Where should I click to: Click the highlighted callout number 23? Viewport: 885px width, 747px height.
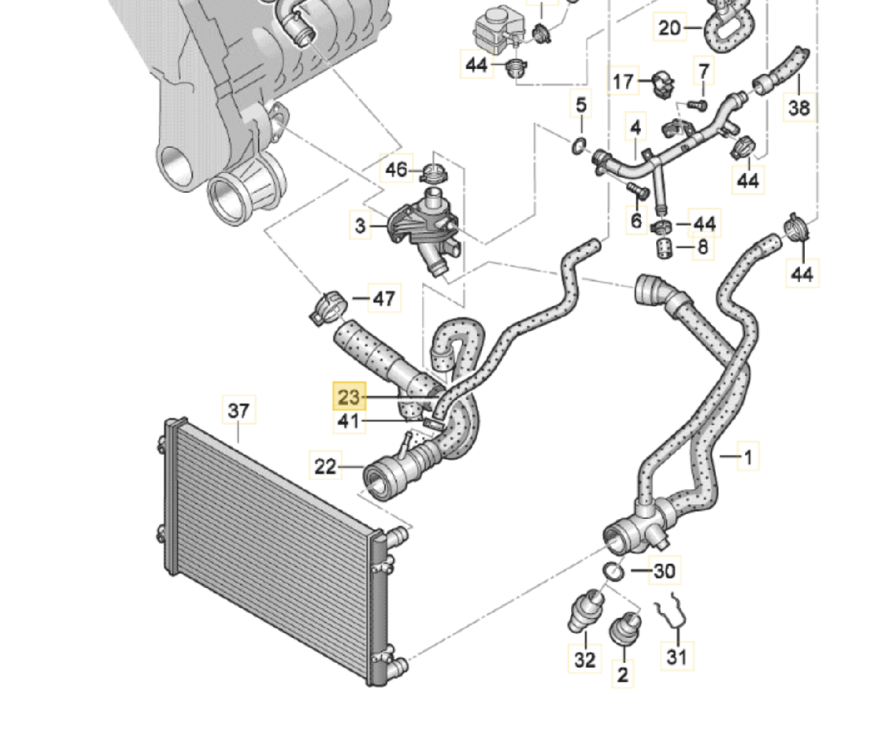[349, 397]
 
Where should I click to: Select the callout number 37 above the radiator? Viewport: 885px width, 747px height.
[239, 410]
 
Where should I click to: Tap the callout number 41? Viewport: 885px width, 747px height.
[348, 421]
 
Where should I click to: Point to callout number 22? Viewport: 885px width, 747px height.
[325, 466]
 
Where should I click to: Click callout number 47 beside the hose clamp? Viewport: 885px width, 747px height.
[384, 299]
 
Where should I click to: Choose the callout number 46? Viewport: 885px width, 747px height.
[396, 169]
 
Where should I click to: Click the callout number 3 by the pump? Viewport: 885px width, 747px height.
[360, 225]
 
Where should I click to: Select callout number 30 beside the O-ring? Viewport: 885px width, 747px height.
[664, 571]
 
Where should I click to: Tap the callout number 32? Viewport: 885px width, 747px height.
[584, 659]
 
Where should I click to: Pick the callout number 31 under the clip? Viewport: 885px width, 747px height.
[676, 656]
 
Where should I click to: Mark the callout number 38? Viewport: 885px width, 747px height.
[799, 108]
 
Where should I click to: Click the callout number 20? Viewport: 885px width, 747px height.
[669, 28]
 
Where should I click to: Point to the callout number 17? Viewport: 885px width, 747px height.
[623, 82]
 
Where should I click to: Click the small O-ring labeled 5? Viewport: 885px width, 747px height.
[579, 146]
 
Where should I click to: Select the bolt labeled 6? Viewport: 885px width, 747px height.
[637, 191]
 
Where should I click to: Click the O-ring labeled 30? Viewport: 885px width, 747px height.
[613, 572]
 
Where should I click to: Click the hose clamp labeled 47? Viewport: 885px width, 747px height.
[329, 308]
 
